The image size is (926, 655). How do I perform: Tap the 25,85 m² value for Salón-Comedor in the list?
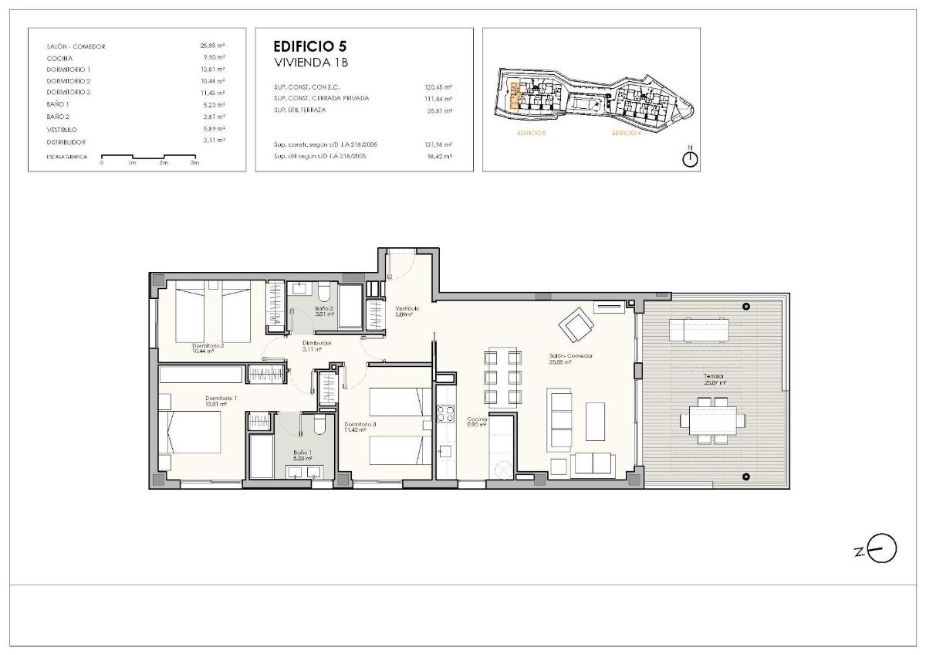(211, 46)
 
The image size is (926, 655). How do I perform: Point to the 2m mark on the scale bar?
(164, 162)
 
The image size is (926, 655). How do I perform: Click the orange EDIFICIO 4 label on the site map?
(626, 134)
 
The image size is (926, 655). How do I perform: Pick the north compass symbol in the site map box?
(691, 158)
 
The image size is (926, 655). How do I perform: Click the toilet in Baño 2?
(323, 294)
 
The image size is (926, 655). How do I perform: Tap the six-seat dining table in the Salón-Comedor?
(502, 378)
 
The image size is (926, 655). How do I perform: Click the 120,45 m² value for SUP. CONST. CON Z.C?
(438, 87)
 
